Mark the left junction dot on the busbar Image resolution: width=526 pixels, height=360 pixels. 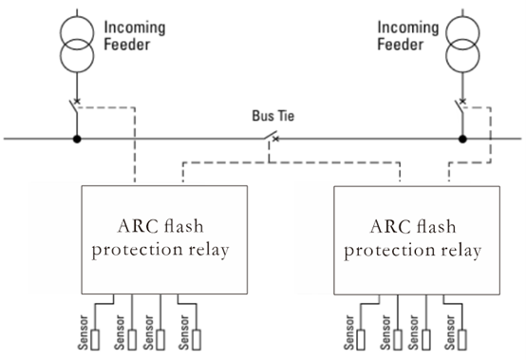(x=78, y=140)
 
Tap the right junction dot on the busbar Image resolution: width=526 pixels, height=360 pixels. (x=463, y=140)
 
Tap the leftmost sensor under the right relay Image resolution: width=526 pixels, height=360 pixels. (x=360, y=338)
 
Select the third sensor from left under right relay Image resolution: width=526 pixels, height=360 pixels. (x=430, y=338)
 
